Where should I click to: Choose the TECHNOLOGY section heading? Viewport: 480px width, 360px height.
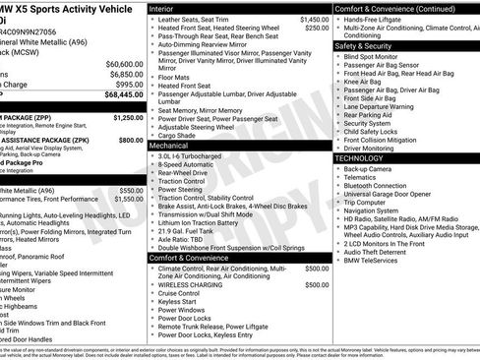pos(359,157)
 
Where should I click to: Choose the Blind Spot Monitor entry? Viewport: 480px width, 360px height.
pos(377,56)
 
